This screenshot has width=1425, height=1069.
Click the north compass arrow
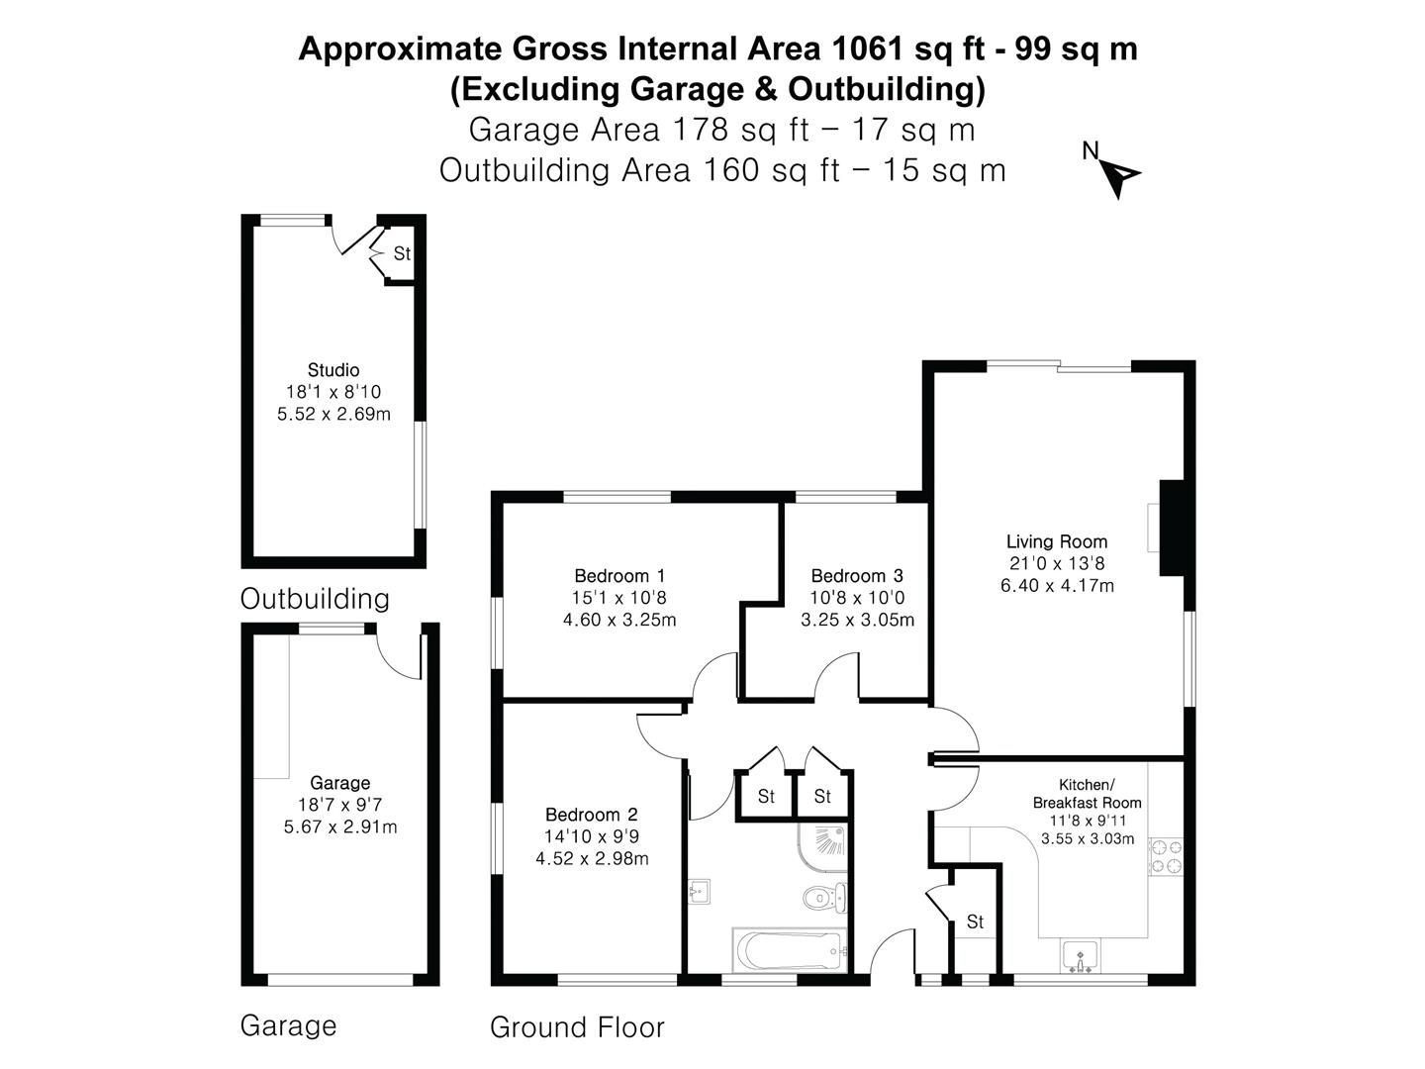click(1122, 176)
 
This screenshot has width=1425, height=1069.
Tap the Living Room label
click(1056, 541)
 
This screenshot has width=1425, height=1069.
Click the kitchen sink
click(1080, 956)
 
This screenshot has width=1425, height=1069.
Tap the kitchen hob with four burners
click(1165, 856)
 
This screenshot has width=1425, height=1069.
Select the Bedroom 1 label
click(619, 576)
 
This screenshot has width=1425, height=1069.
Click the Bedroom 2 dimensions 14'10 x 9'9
click(592, 836)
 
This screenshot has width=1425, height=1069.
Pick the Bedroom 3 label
click(856, 576)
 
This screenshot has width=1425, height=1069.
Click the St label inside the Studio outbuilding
click(401, 254)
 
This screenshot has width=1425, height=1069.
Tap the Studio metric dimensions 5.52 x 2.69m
click(333, 414)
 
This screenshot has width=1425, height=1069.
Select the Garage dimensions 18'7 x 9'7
click(339, 805)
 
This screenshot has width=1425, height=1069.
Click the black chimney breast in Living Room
click(1172, 527)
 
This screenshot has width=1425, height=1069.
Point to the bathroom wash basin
click(698, 892)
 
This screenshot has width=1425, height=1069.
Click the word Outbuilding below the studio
click(315, 599)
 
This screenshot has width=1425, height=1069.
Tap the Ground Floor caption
click(577, 1028)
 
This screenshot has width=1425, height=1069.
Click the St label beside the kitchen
click(975, 923)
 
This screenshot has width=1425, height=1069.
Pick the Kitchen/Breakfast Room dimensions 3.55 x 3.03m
click(1087, 838)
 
